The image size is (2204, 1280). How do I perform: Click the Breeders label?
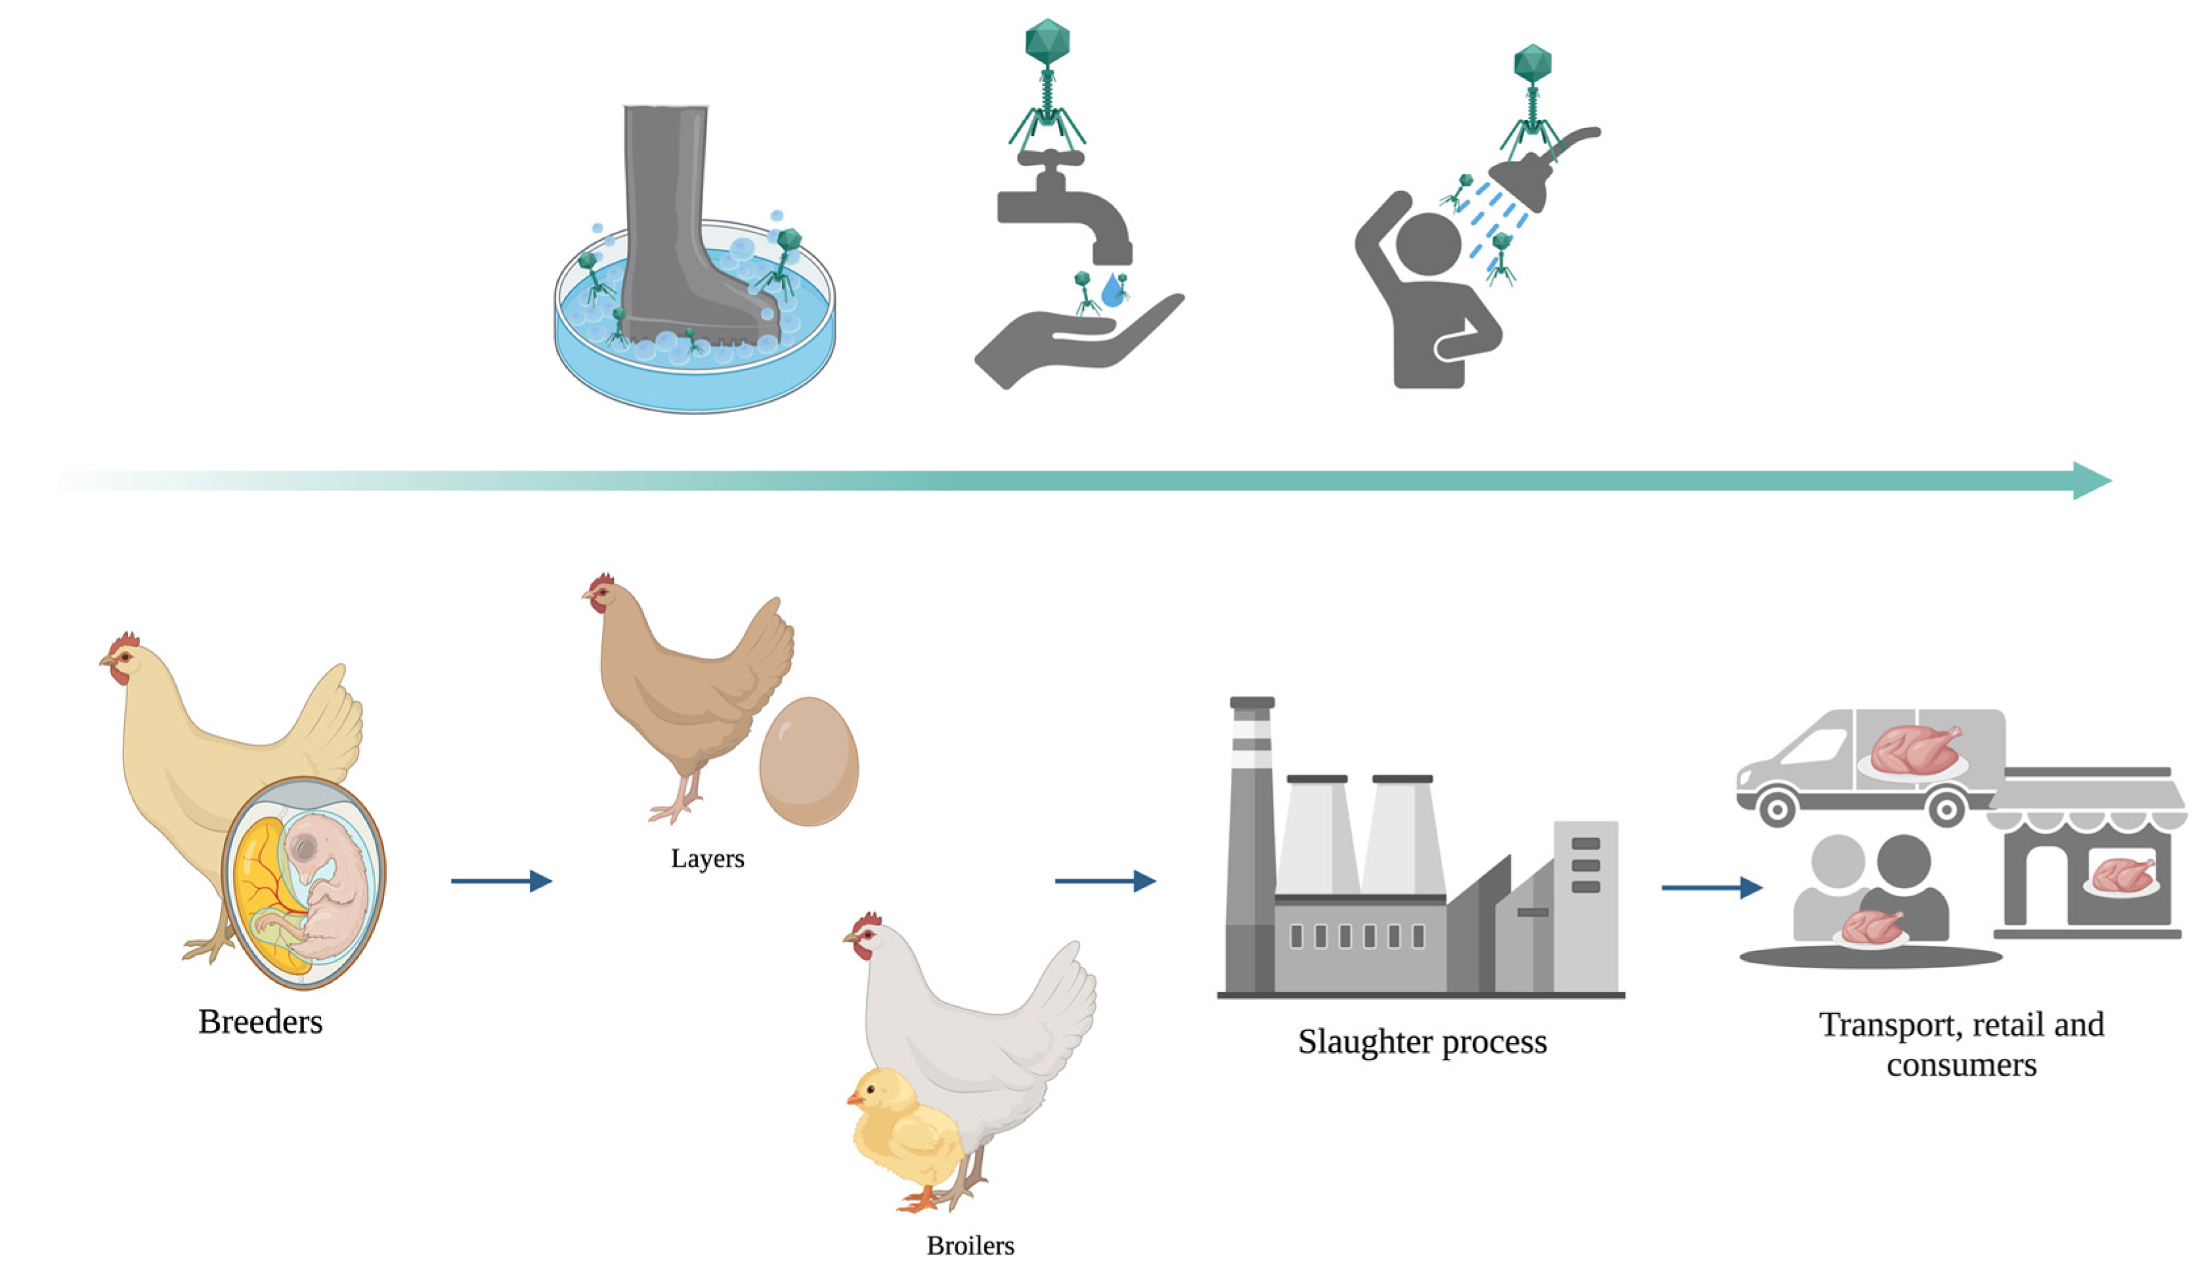[260, 1021]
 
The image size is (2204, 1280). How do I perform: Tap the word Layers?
[708, 858]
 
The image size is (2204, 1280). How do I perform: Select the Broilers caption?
[970, 1245]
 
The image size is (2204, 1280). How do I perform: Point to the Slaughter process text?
[1422, 1041]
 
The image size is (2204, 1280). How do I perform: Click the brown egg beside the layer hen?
[808, 761]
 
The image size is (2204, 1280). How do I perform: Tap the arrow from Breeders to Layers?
[501, 880]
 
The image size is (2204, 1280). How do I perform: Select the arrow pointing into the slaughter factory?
[1104, 880]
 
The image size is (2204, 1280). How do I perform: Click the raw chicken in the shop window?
[2121, 874]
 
